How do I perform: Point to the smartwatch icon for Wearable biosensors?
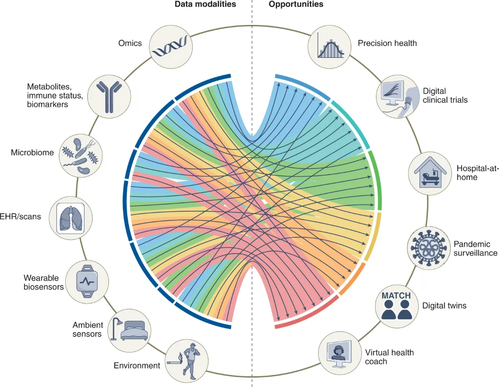[x=87, y=281]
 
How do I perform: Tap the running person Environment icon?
[x=186, y=360]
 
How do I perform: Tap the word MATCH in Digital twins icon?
[x=396, y=296]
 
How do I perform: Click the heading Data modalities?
[x=205, y=5]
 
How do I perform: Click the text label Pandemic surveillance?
[x=475, y=249]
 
